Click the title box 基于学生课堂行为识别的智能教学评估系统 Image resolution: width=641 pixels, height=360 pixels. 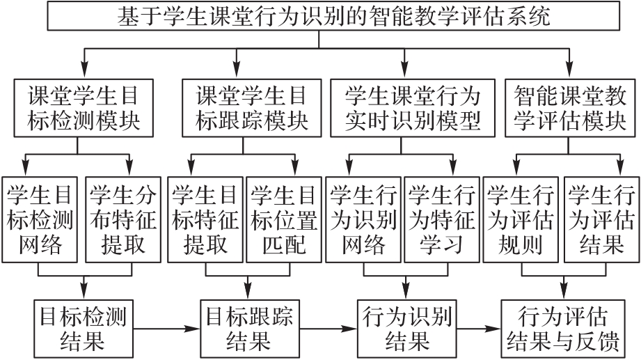[319, 15]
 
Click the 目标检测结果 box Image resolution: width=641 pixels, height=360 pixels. [84, 326]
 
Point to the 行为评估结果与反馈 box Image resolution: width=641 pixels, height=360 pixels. [562, 326]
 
